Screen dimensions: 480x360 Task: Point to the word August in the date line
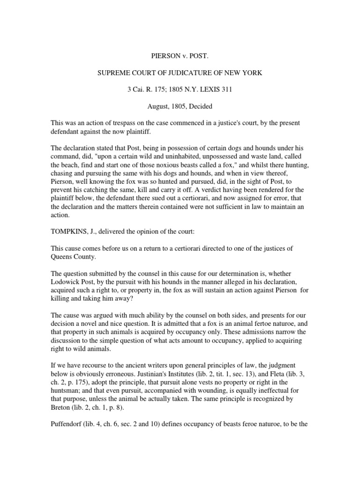point(159,106)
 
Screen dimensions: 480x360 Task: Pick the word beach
point(71,164)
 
